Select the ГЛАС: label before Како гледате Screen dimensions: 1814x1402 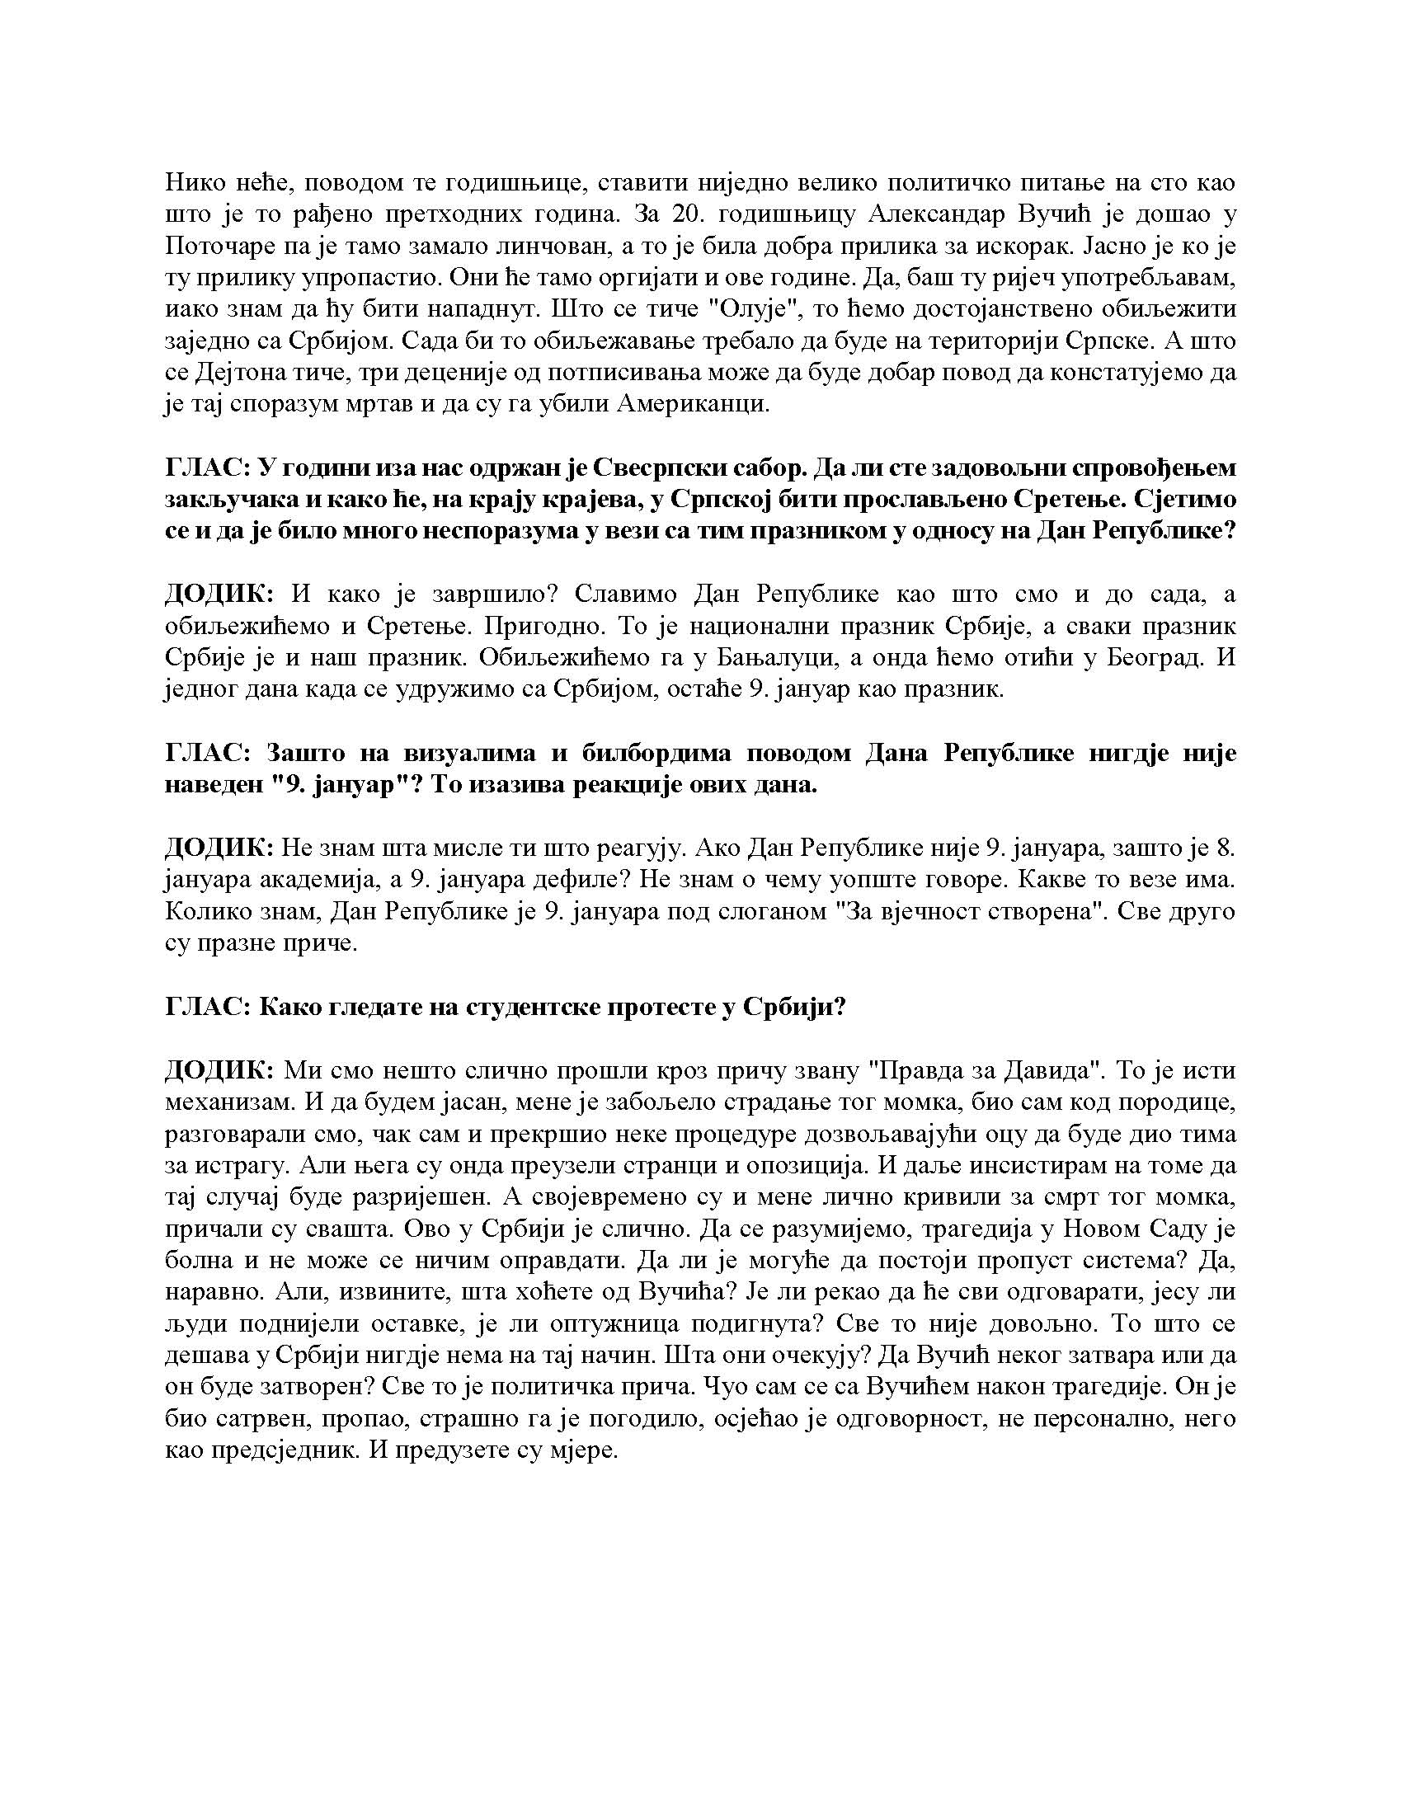(208, 1008)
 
